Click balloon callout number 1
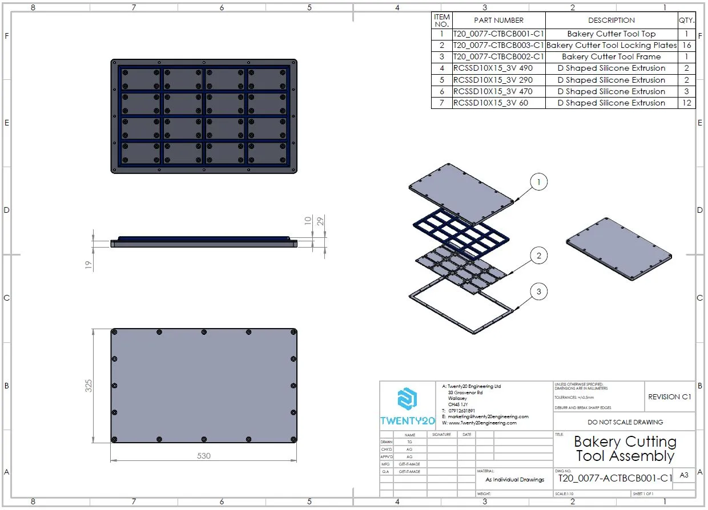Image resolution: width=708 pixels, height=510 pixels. [538, 183]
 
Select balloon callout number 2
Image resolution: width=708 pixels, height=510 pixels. [538, 256]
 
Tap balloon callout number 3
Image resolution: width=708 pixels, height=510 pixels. [538, 292]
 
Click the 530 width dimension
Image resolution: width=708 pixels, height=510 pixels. [204, 456]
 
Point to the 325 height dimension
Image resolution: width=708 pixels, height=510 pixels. [88, 386]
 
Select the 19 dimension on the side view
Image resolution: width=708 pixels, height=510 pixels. [88, 265]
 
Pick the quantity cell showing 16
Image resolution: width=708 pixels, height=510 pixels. [686, 45]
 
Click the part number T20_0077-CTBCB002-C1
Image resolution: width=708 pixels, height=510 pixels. [498, 57]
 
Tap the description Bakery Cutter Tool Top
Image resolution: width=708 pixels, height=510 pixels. [611, 34]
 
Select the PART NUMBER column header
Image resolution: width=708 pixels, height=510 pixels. [498, 21]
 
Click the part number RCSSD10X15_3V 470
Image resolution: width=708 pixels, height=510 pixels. [493, 91]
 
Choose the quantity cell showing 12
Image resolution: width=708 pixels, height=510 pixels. [686, 103]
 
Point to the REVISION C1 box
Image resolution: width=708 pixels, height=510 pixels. [670, 396]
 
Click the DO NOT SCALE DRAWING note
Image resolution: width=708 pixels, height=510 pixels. [625, 422]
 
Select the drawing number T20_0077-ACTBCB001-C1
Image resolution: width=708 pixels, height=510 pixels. [616, 478]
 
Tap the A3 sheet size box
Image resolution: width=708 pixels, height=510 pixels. [684, 475]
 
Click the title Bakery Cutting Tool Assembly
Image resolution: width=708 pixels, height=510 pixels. [625, 448]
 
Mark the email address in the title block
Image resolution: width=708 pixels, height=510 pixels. [488, 416]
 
